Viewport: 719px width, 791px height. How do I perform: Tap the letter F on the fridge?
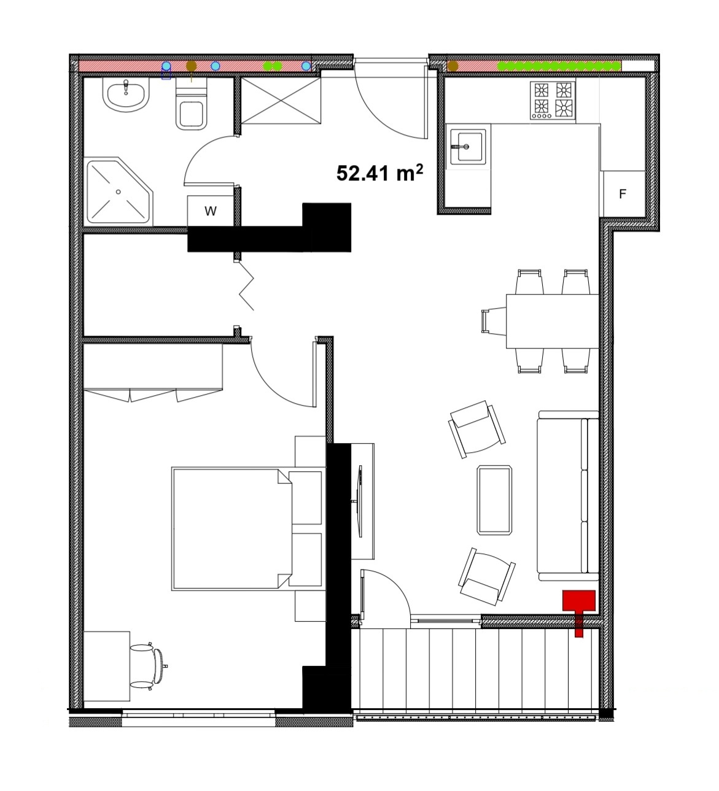coord(623,194)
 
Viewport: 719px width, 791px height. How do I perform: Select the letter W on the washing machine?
coord(211,211)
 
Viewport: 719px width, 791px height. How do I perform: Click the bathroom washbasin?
coord(126,95)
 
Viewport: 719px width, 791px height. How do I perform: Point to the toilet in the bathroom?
coord(192,104)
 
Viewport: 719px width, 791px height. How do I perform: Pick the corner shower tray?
coord(119,191)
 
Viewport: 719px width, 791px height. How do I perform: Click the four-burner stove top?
coord(553,101)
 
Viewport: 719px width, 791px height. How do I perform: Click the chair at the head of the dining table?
coord(494,322)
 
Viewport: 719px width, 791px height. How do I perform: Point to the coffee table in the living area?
coord(494,500)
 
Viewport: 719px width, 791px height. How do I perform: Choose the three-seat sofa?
coord(568,496)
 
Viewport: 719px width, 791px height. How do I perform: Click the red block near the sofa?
coord(578,611)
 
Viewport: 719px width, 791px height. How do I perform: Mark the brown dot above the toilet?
coord(192,66)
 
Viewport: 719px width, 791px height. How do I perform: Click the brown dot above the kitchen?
coord(453,66)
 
